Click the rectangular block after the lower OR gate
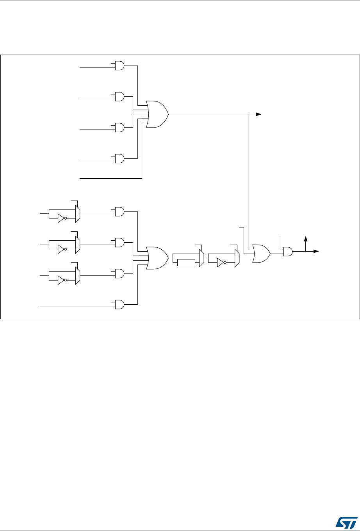tap(186, 263)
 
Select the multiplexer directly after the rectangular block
tap(201, 258)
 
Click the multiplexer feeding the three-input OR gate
tap(237, 258)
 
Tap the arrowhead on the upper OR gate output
tap(258, 114)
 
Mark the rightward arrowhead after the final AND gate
tap(316, 252)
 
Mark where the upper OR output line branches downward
tap(248, 114)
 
